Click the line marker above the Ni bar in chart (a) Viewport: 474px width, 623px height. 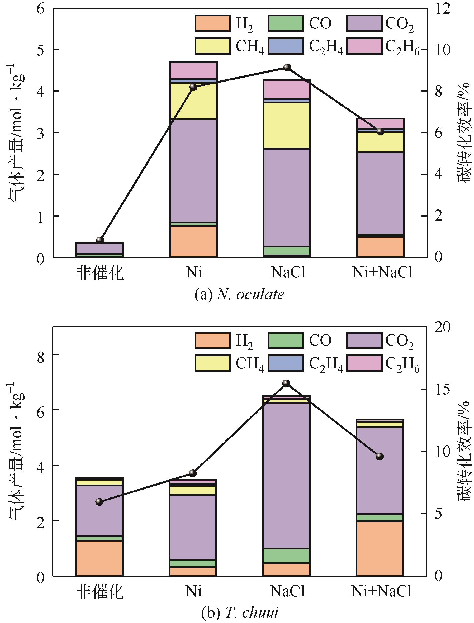point(193,86)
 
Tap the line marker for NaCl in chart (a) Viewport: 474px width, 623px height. point(287,67)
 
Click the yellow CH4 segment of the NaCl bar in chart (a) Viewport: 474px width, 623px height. point(287,125)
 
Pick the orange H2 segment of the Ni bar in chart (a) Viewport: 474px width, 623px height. point(193,241)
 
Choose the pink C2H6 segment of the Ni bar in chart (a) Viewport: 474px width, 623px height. point(193,70)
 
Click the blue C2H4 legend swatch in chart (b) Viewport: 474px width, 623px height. point(286,363)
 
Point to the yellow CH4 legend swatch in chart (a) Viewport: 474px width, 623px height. point(212,46)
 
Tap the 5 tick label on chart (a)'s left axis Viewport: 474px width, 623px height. point(41,50)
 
